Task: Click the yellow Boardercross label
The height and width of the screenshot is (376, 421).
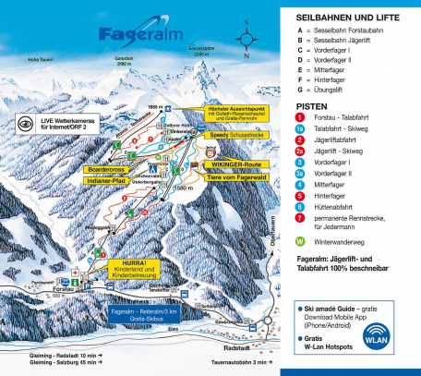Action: (x=104, y=169)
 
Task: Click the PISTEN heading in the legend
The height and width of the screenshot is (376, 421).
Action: (x=312, y=107)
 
